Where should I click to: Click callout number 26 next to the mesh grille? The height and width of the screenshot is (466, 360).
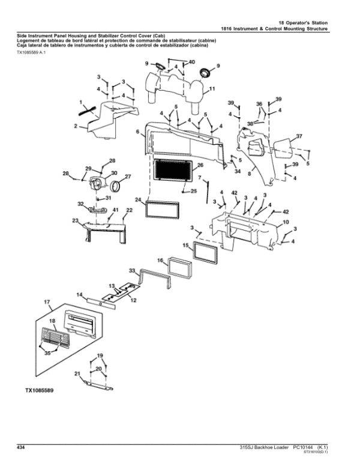click(x=200, y=165)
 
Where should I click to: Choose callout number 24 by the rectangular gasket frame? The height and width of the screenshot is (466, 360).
click(x=138, y=199)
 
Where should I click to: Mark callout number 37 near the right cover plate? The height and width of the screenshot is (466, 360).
click(x=299, y=136)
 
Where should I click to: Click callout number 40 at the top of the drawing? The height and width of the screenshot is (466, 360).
click(x=191, y=62)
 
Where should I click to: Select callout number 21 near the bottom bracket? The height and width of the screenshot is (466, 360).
click(x=77, y=373)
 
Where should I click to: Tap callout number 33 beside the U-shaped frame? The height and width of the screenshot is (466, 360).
click(x=132, y=271)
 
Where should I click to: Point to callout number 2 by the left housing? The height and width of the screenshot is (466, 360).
click(x=76, y=126)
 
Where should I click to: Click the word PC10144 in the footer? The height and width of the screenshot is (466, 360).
click(x=305, y=447)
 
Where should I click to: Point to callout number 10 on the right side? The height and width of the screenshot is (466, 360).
click(x=286, y=222)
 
